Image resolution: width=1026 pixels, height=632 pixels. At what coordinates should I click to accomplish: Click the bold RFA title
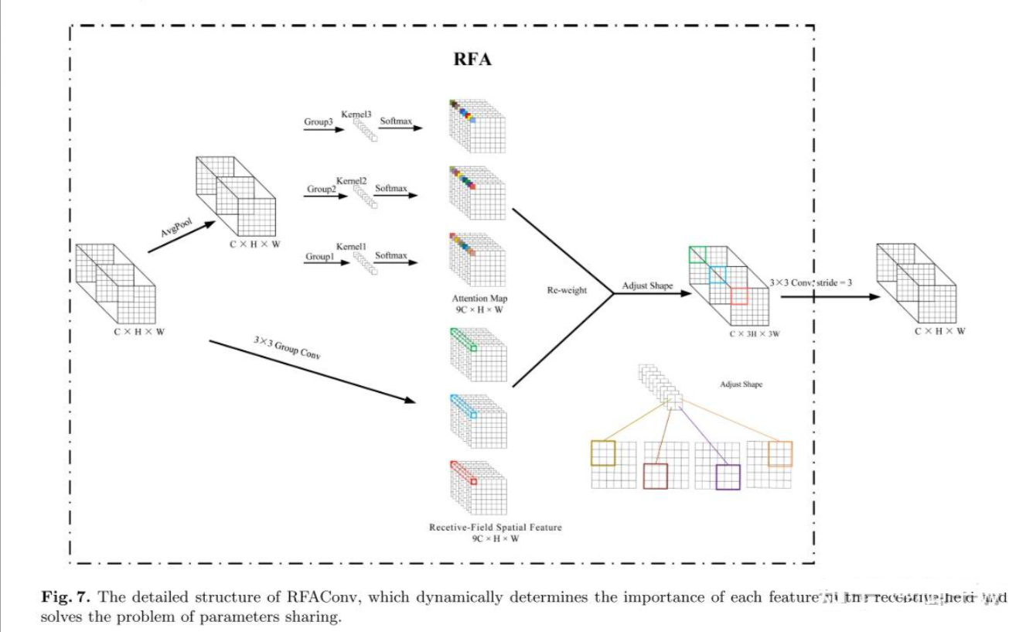471,60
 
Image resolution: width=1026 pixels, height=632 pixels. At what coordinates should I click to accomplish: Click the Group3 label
320,121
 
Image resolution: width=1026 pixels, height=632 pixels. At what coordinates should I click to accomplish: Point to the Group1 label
320,255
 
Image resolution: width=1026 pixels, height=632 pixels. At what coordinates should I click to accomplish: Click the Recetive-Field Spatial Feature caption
496,527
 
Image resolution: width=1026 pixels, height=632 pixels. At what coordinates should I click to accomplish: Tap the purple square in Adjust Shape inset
728,477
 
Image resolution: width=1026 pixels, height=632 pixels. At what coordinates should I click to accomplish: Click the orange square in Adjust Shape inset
780,453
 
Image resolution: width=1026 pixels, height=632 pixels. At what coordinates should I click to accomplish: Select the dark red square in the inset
655,476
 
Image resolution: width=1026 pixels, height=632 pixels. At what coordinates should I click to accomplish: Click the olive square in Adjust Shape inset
603,453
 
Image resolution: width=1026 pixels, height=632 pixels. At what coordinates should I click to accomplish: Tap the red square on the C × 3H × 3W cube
739,296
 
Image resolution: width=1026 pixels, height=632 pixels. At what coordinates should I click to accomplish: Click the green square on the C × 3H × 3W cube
697,255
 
